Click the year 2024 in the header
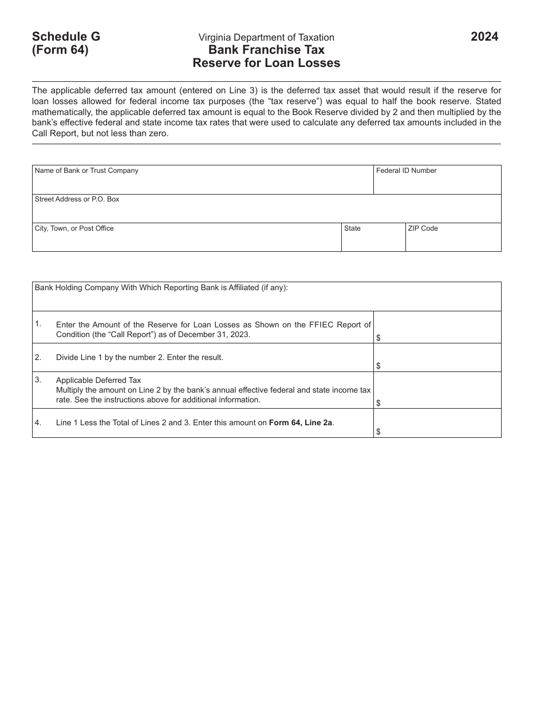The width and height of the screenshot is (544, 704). point(484,37)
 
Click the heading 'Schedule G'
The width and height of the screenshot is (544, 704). point(66,37)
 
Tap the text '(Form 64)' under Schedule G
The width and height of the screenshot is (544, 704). point(60,50)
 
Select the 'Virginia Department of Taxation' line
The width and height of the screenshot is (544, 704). point(266,38)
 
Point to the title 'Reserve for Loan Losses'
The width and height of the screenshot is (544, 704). point(266,63)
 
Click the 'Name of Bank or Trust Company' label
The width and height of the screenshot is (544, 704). point(86,171)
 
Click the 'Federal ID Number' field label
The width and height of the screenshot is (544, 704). point(406,171)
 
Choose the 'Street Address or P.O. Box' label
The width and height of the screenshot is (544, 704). point(77,199)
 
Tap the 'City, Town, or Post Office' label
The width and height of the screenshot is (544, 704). point(74,228)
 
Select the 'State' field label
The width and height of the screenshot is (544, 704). point(352,228)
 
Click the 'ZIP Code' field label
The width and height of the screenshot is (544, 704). point(423,228)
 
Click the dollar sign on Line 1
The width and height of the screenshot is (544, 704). point(379,338)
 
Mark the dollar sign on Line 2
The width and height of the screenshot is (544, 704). point(379,366)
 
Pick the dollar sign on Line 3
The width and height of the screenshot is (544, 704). point(379,403)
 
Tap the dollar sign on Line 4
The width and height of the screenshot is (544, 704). point(379,432)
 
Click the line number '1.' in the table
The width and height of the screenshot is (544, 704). point(38,324)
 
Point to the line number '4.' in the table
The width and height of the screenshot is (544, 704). point(38,423)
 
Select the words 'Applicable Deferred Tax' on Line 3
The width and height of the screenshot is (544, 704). point(98,380)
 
